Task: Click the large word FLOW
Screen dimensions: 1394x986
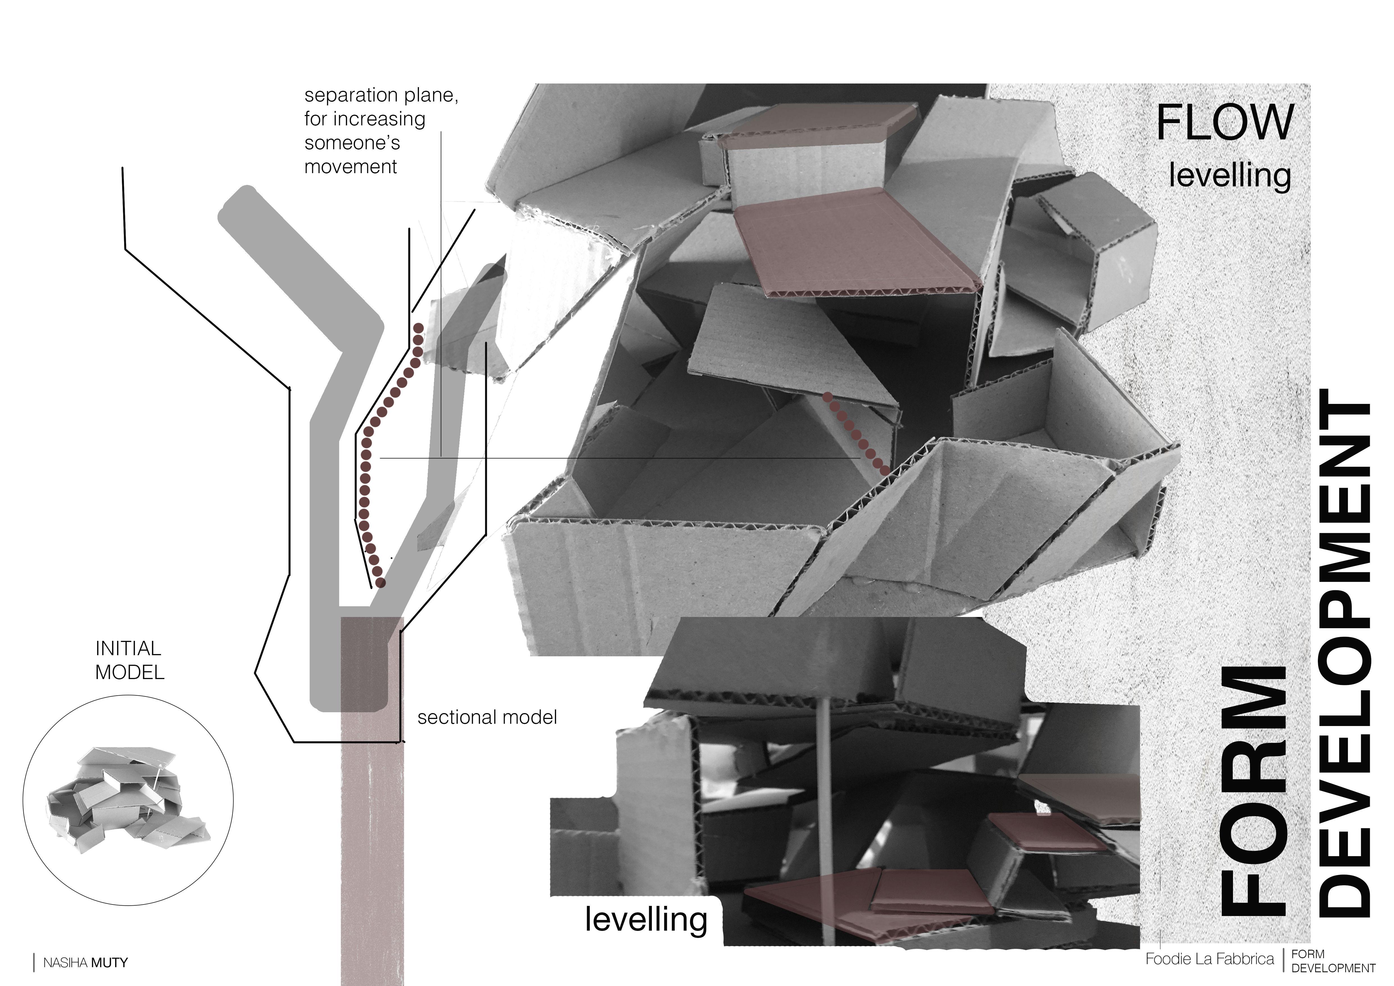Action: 1225,123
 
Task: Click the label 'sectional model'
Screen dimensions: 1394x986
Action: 487,718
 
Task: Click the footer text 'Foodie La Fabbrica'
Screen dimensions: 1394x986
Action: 1209,959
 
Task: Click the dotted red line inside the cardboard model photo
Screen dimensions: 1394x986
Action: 856,432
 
